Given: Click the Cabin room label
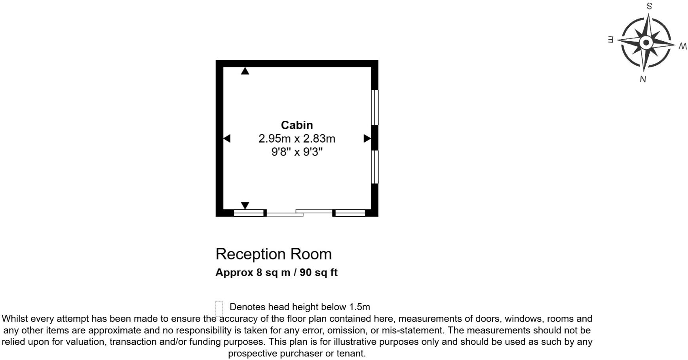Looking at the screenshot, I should (x=297, y=125).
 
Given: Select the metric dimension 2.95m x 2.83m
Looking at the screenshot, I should (x=297, y=139).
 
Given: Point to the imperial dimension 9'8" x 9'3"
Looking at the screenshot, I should (x=297, y=152).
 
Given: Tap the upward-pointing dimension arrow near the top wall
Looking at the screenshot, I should (x=245, y=71).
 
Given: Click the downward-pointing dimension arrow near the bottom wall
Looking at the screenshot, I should (x=245, y=205).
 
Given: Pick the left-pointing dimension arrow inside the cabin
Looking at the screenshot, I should (x=227, y=138).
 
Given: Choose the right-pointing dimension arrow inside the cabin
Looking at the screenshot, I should (x=367, y=138).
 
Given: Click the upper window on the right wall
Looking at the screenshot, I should (x=374, y=107).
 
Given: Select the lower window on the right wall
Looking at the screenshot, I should (x=374, y=167).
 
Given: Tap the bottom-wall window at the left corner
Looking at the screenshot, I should (x=249, y=213).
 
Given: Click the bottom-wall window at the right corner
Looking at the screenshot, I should (x=350, y=213).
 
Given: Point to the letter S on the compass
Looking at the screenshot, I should (x=649, y=6).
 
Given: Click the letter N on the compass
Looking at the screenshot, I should (x=643, y=79).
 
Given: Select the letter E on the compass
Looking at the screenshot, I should (x=610, y=40).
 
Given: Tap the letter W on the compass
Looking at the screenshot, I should (x=682, y=46).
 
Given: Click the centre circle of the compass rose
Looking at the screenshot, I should (x=646, y=42).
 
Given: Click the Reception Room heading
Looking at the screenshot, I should (x=274, y=254).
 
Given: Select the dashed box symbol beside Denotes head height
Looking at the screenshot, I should (x=219, y=308).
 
